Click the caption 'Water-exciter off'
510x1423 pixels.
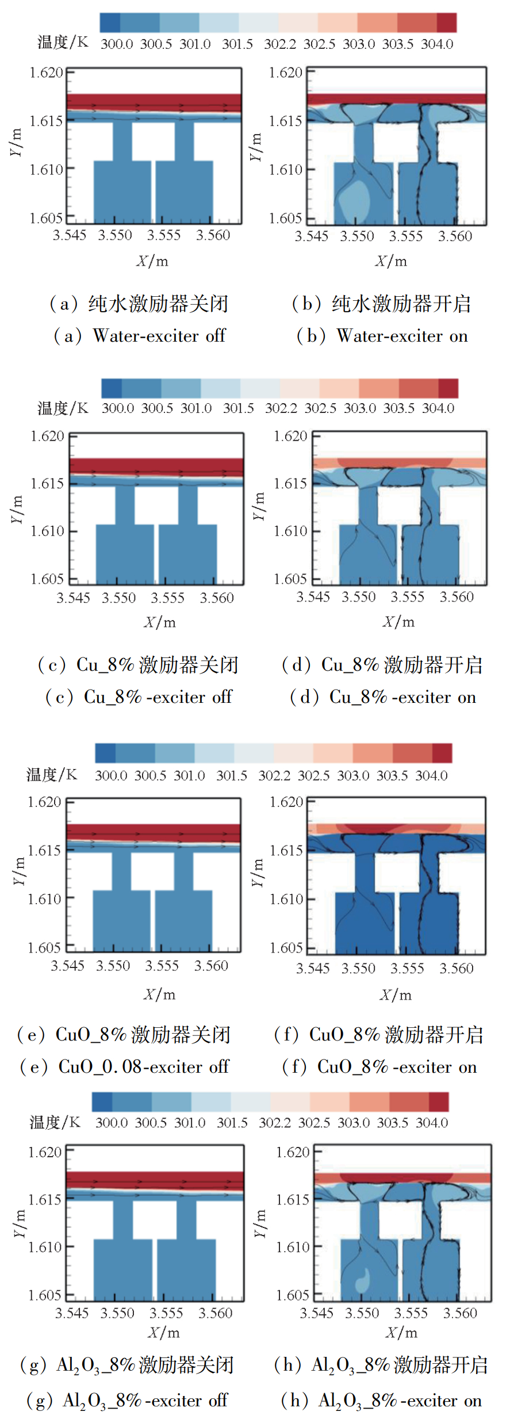click(159, 336)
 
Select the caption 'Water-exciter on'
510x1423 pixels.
click(402, 336)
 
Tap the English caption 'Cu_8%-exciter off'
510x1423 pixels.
click(158, 697)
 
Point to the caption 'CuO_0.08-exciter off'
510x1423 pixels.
click(144, 1067)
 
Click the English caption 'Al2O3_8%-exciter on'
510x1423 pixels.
click(400, 1401)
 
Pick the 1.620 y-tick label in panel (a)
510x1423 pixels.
click(46, 72)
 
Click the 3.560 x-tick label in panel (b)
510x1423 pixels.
click(455, 236)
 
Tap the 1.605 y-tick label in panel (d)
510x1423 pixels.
click(290, 579)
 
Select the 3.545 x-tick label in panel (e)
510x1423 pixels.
click(67, 966)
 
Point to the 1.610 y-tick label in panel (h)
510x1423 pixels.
click(293, 1247)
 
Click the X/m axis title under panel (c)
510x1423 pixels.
click(159, 622)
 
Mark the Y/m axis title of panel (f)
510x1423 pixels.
click(258, 873)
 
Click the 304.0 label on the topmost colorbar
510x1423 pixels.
click(437, 44)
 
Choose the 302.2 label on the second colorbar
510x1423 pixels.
click(281, 408)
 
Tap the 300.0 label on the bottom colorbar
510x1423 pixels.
click(112, 1122)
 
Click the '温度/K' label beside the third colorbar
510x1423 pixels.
click(51, 774)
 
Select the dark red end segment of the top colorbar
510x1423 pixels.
click(447, 22)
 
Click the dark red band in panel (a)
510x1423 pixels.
click(154, 101)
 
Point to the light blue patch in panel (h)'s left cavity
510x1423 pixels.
click(362, 1277)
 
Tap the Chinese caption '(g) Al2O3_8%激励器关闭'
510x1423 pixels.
click(126, 1365)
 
